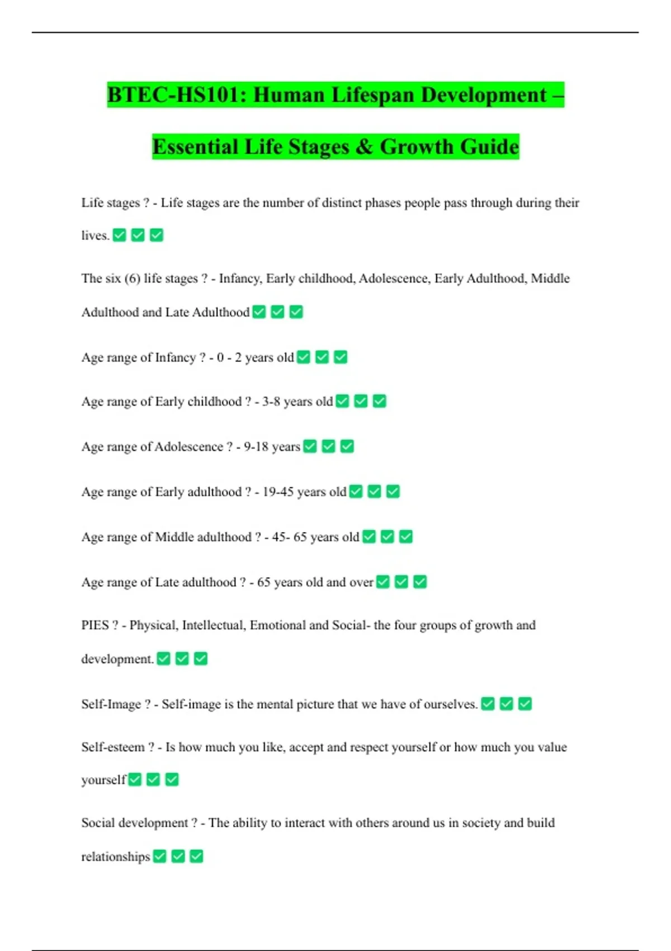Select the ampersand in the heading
pos(364,147)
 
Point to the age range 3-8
pos(271,402)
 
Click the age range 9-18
pos(256,447)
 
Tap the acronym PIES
pos(95,625)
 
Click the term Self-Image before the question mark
pos(111,704)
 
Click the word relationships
pos(116,857)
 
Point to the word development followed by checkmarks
pos(116,660)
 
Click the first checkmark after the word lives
pos(119,236)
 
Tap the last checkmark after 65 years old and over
pos(420,582)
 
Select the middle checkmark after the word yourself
pos(153,780)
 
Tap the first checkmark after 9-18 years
pos(310,447)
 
